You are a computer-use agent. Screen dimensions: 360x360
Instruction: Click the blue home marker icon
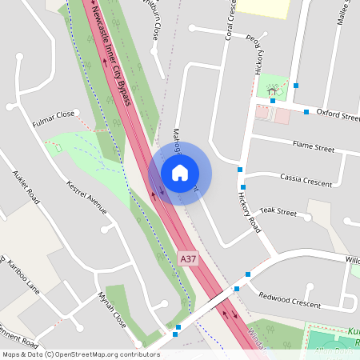180,173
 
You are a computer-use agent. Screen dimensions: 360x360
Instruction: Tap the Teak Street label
278,214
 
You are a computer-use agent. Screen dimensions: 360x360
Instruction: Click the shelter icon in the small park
273,91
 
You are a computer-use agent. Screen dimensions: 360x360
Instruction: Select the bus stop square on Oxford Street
306,112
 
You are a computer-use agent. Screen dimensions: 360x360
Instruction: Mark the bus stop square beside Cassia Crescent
240,170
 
